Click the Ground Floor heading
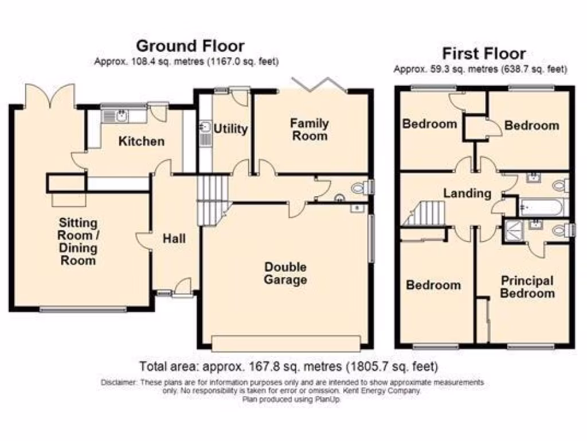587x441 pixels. (x=190, y=45)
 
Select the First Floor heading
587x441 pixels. (x=483, y=54)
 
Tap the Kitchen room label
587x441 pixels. (x=141, y=141)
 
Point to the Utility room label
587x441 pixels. (x=230, y=129)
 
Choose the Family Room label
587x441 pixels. (x=309, y=129)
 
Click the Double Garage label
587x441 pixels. (x=285, y=274)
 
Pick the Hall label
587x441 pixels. (x=174, y=238)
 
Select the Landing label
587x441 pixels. (x=467, y=193)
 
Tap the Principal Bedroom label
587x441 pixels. (x=527, y=287)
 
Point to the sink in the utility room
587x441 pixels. (x=205, y=128)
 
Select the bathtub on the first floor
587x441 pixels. (x=542, y=206)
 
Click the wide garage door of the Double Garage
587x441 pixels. (x=285, y=343)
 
